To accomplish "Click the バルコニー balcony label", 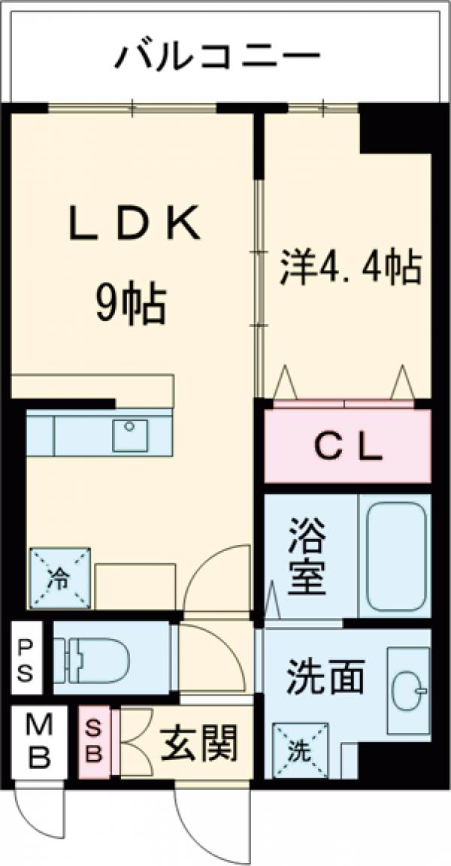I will [x=218, y=56].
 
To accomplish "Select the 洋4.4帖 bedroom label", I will [x=350, y=267].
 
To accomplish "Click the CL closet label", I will [x=347, y=449].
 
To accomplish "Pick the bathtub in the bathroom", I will [x=394, y=556].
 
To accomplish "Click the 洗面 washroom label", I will [x=325, y=677].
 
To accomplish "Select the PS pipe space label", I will [x=26, y=659].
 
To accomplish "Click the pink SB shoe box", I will [x=94, y=742].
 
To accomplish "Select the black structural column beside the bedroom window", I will [x=394, y=129].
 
